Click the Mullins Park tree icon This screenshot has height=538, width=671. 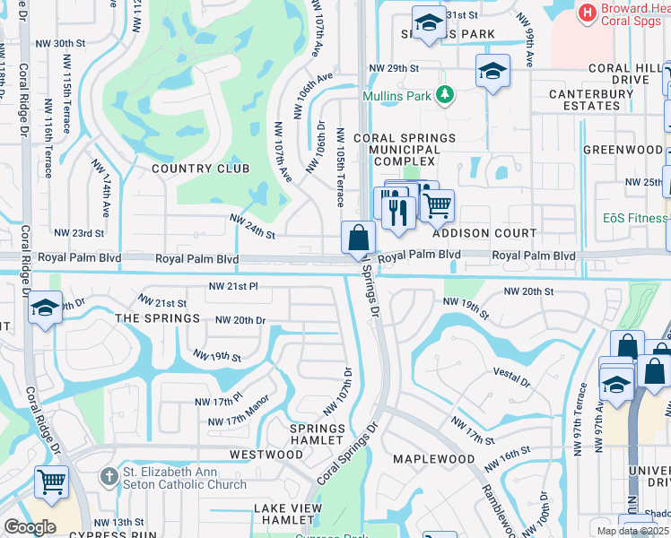443,95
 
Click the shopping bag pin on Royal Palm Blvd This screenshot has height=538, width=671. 358,239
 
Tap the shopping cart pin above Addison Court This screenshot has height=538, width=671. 437,206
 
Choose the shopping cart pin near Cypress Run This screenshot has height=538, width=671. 52,482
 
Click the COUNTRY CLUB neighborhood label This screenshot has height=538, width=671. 187,168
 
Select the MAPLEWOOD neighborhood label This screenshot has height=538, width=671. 434,459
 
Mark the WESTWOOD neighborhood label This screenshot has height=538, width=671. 266,455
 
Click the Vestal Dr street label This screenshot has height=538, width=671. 512,377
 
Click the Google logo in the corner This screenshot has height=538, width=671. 30,526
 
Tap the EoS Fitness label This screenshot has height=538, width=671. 635,218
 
